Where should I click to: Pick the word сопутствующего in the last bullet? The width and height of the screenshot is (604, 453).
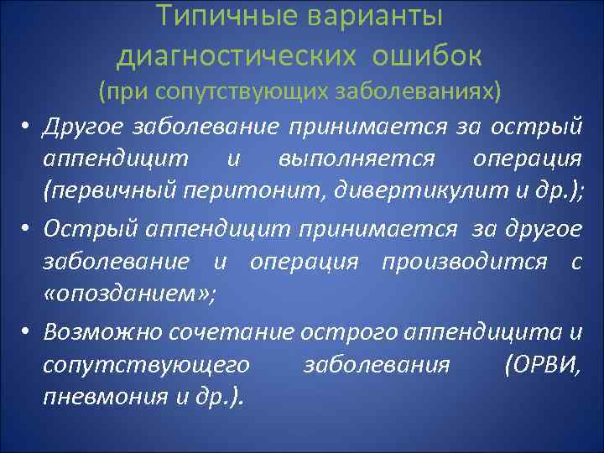(x=148, y=364)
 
